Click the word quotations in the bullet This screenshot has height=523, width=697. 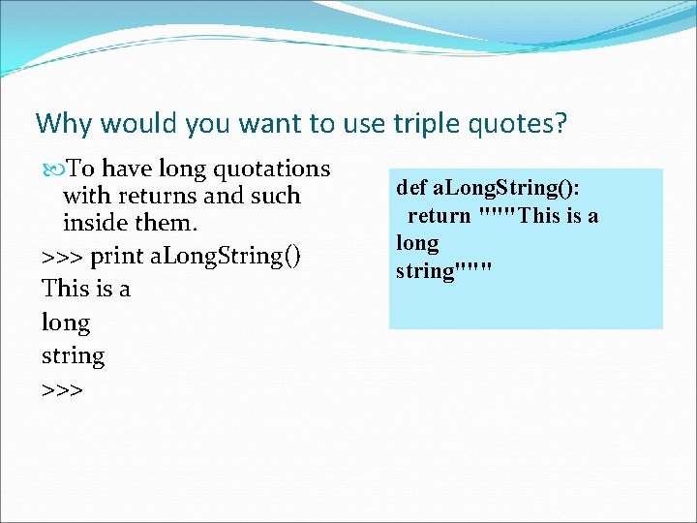[272, 169]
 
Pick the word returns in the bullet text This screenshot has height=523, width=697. [158, 196]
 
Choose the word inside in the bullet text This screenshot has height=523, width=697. [95, 223]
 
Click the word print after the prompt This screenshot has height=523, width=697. [116, 257]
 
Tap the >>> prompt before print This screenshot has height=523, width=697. [62, 258]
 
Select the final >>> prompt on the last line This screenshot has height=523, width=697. [62, 389]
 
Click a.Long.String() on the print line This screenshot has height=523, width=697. [222, 257]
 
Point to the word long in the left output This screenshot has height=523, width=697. [66, 323]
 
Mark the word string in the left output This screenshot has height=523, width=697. [73, 355]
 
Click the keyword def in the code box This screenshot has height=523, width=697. [410, 186]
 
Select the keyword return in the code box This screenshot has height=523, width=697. [439, 214]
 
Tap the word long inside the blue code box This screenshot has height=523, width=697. [417, 243]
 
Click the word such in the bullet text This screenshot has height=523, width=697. [276, 196]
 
